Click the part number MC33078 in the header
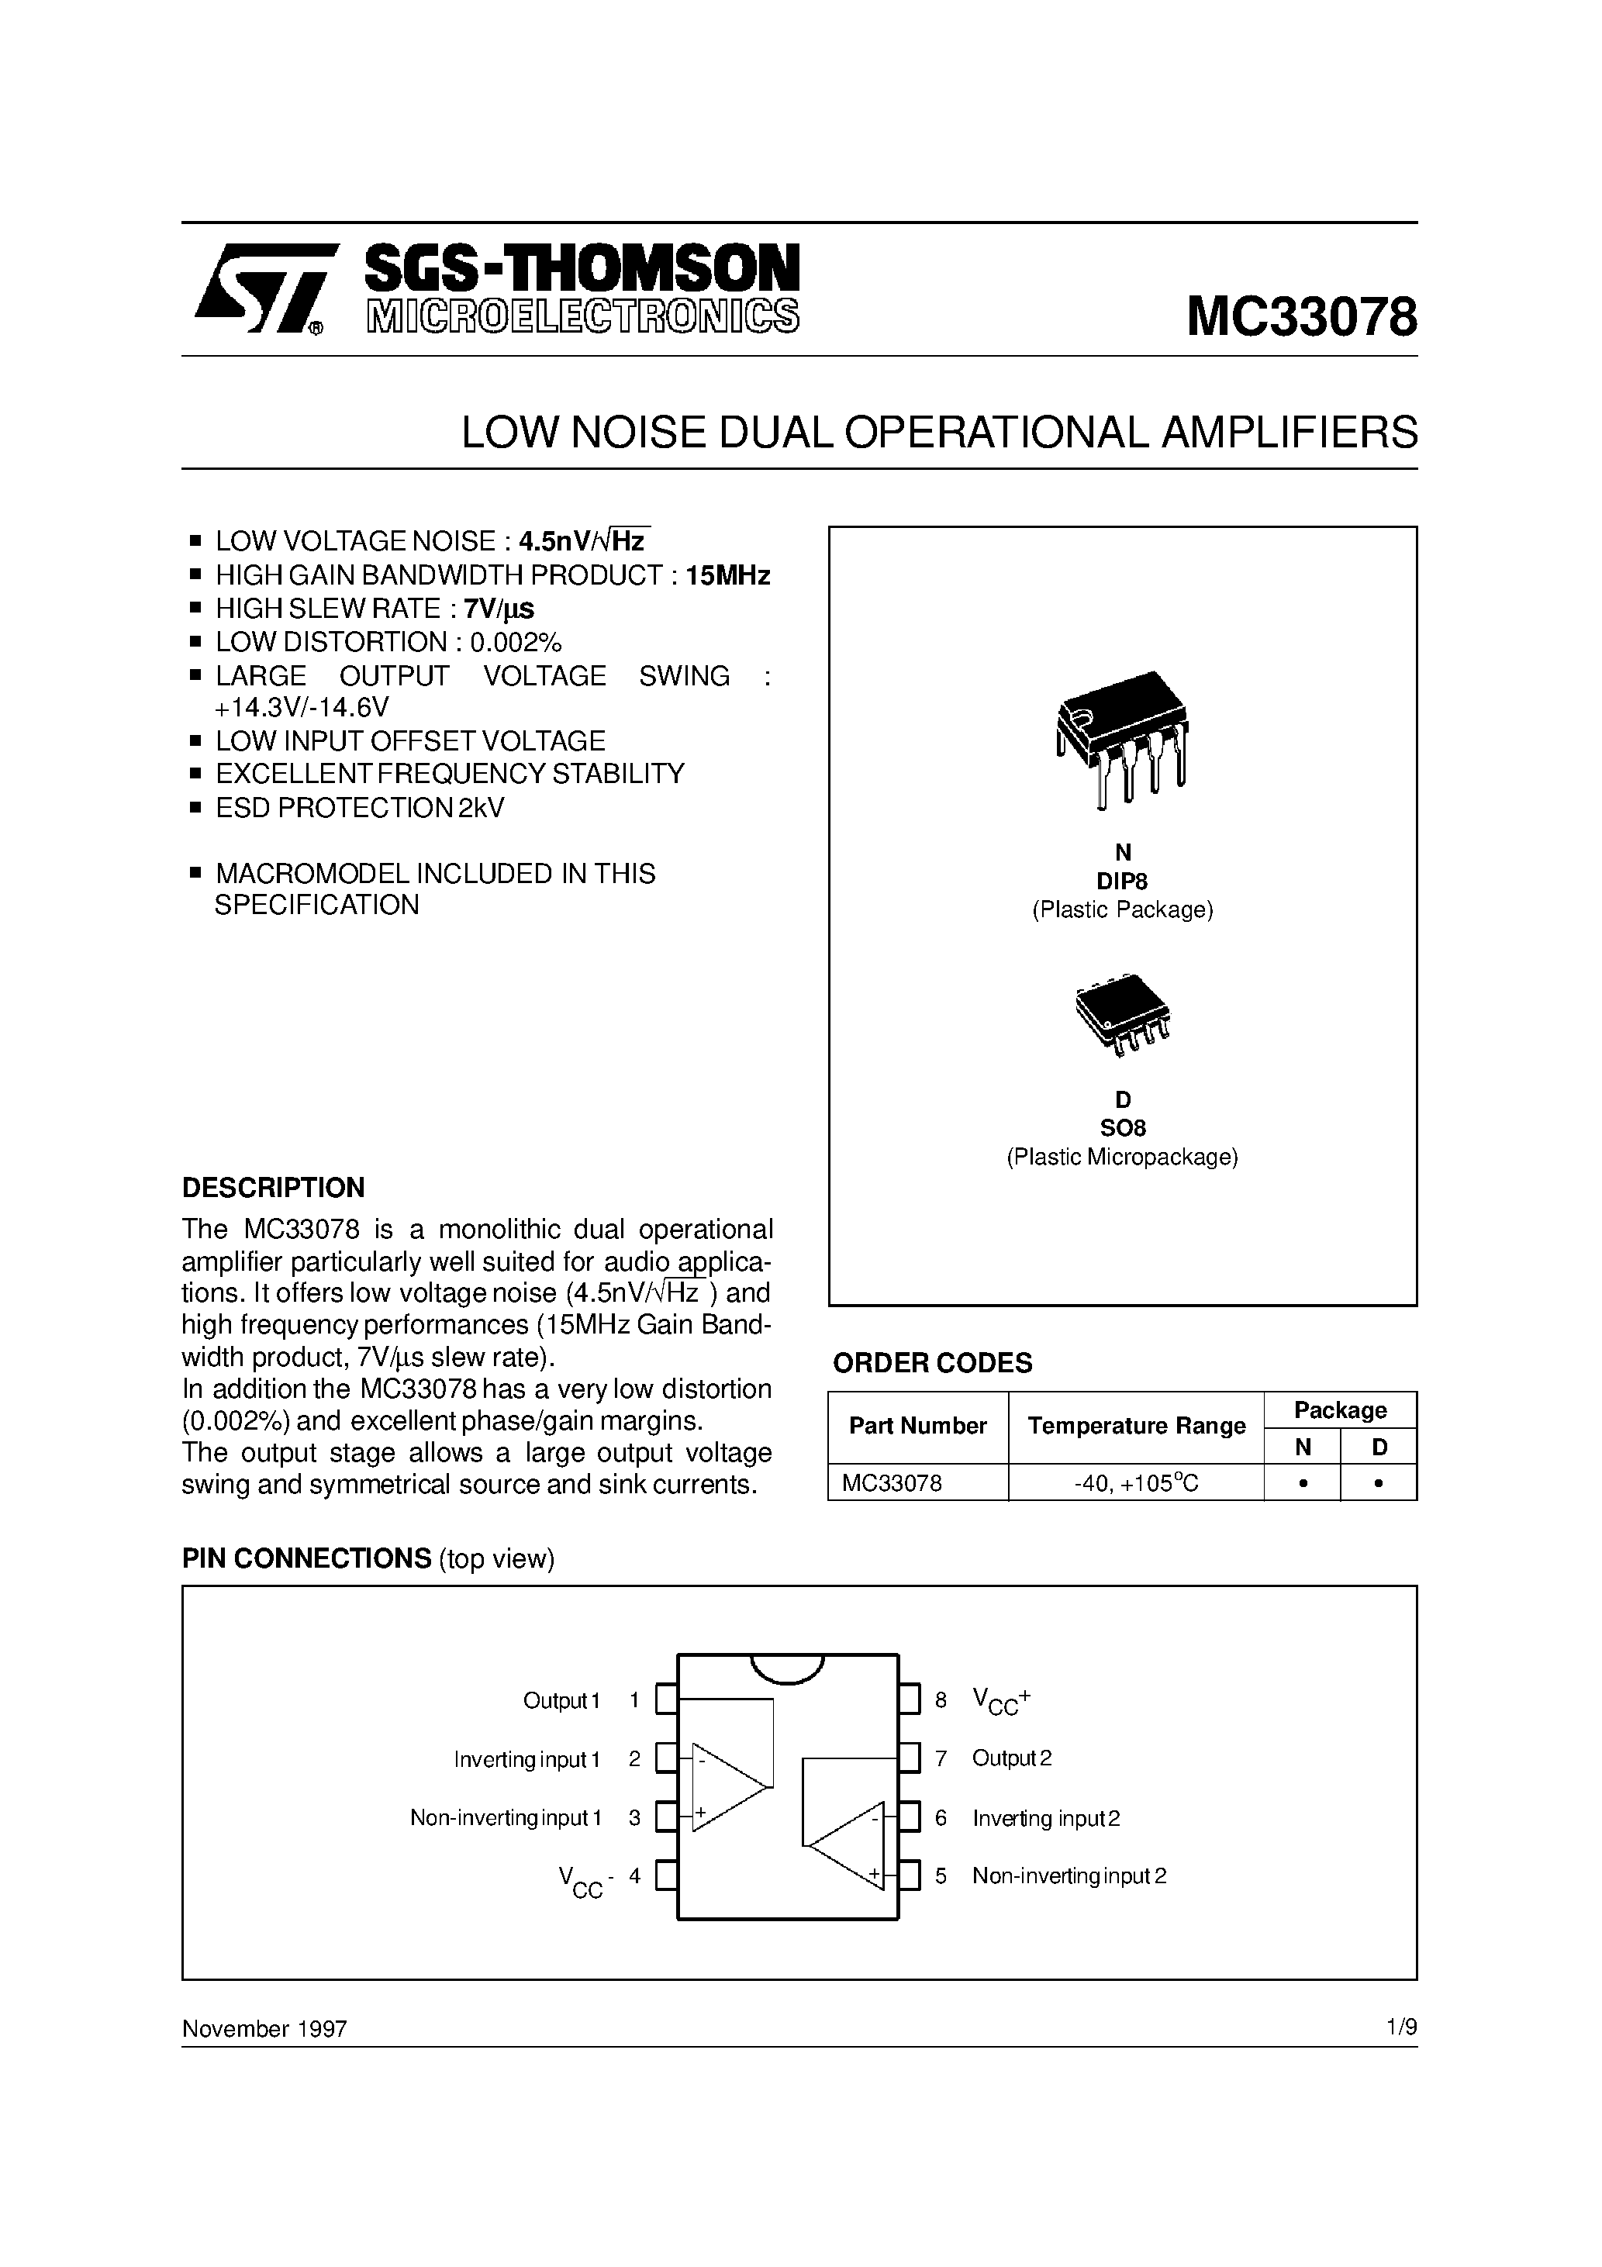[x=1301, y=318]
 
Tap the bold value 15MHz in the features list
[x=728, y=575]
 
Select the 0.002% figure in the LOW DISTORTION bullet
[x=516, y=642]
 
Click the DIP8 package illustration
[x=1122, y=739]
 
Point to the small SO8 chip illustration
[x=1122, y=1016]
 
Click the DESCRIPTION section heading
[x=274, y=1187]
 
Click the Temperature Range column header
[x=1136, y=1426]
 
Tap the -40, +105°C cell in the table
[x=1136, y=1483]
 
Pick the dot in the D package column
[x=1379, y=1483]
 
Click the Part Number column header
[x=917, y=1426]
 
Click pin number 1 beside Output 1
[x=634, y=1700]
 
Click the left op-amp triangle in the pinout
[x=726, y=1786]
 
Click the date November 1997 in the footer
[x=264, y=2029]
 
